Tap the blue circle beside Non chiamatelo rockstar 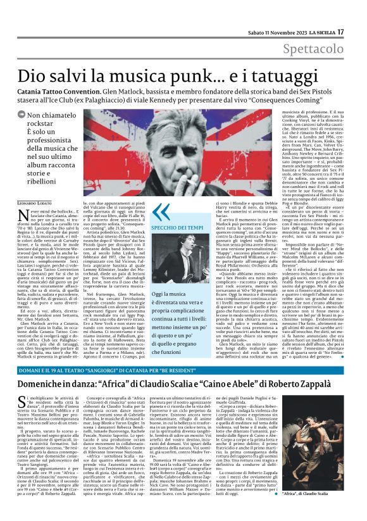(21, 116)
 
